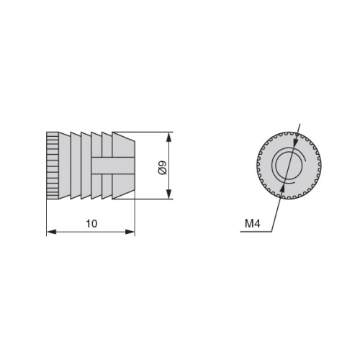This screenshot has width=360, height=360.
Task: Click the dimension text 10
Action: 91,224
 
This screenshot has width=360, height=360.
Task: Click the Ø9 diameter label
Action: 163,168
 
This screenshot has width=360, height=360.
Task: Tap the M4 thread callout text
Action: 253,224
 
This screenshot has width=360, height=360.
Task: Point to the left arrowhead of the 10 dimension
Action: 51,232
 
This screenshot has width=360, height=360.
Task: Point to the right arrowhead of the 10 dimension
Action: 130,232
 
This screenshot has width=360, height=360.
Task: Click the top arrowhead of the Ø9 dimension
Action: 169,137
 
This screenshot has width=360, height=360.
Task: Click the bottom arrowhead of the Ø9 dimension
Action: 169,194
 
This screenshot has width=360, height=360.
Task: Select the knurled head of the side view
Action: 53,166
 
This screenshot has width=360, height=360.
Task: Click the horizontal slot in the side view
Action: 112,166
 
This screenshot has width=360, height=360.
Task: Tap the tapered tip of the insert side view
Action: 123,166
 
